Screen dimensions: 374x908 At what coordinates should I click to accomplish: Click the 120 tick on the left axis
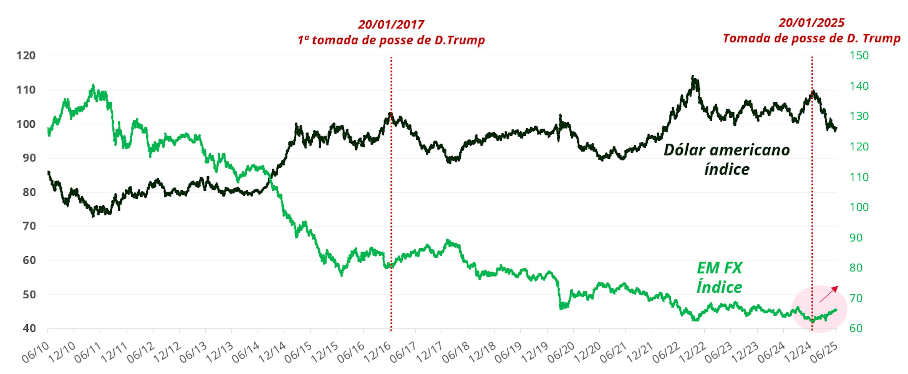coord(26,56)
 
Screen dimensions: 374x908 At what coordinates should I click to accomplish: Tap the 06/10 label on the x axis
coord(34,353)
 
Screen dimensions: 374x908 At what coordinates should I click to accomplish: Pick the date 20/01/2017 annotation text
coord(391,25)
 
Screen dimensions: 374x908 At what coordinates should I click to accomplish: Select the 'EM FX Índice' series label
coord(719,278)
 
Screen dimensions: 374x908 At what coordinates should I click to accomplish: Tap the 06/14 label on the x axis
coord(244,353)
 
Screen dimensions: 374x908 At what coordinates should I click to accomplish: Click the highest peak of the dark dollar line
coord(693,76)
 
